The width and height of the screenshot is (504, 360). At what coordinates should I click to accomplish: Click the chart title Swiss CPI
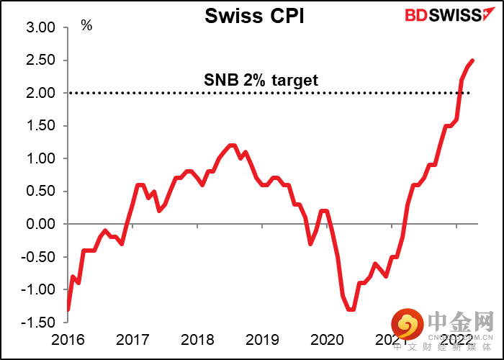click(254, 16)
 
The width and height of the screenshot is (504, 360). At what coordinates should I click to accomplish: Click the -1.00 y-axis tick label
click(39, 289)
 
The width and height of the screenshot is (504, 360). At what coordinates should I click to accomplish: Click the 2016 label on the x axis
click(68, 340)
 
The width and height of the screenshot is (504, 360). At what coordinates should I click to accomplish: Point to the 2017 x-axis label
click(132, 340)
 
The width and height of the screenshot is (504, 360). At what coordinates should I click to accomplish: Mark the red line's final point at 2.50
click(472, 60)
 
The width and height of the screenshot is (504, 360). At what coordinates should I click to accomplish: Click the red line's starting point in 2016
click(68, 309)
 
